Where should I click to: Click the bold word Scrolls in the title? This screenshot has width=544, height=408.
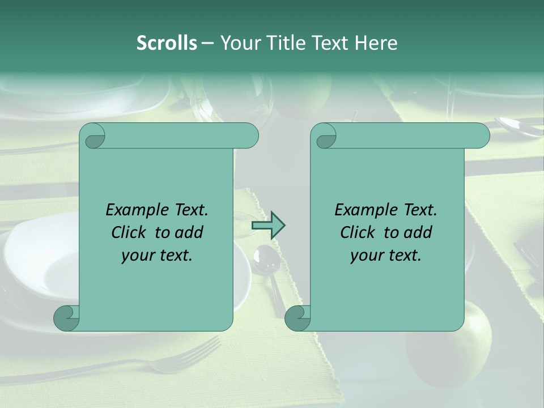167,43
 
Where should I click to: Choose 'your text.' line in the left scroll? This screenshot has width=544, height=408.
157,255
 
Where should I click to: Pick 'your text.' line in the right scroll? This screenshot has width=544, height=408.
386,255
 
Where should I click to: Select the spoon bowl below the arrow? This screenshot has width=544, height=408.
263,258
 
